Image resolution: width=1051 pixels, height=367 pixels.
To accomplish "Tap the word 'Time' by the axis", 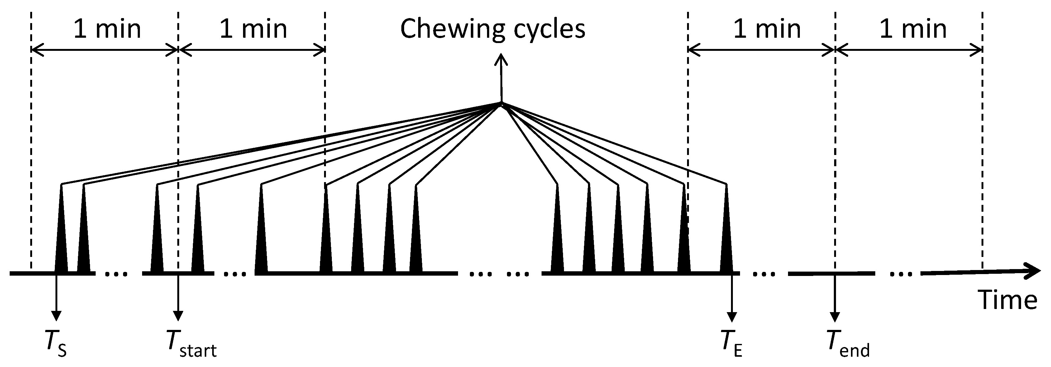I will [1007, 301].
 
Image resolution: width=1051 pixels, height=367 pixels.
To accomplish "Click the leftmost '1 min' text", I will [107, 29].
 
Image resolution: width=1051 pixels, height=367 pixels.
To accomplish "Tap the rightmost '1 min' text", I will [913, 29].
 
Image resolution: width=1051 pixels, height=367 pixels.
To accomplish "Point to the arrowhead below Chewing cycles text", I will [501, 60].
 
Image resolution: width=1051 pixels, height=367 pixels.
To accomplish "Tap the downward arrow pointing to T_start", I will [178, 314].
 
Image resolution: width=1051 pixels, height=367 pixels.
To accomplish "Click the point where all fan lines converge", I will [501, 103].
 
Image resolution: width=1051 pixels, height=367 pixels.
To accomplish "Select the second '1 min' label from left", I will [253, 29].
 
